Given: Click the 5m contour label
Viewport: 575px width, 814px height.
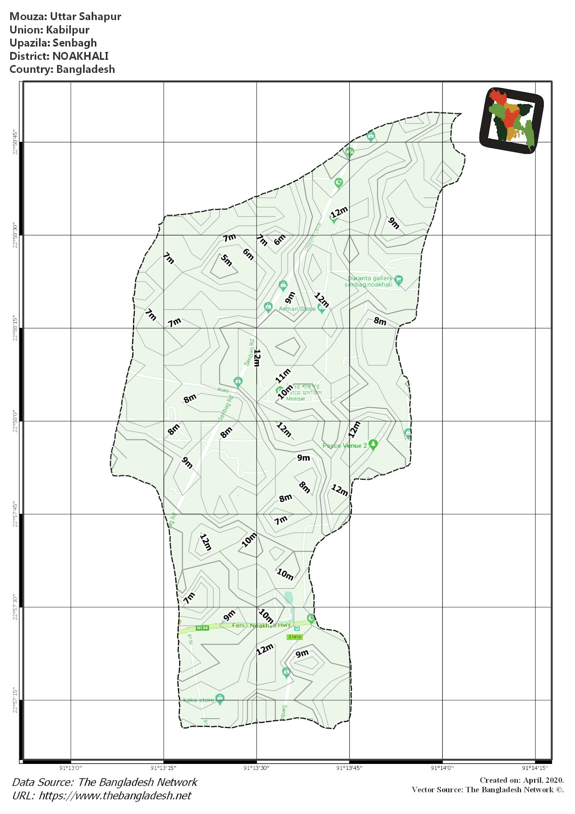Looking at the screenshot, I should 226,260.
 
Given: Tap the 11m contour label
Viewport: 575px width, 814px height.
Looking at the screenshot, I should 283,376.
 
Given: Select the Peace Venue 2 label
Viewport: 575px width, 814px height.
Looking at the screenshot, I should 345,446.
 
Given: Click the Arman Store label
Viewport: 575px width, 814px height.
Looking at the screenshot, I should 297,309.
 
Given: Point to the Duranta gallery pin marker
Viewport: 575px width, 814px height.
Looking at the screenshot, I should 399,280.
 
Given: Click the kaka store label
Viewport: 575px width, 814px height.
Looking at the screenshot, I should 199,700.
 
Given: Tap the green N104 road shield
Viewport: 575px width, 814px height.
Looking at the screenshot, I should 202,628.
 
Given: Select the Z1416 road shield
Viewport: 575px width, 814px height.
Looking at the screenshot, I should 295,637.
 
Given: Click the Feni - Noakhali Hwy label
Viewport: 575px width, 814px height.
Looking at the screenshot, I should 261,625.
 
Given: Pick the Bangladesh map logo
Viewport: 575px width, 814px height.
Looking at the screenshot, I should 511,120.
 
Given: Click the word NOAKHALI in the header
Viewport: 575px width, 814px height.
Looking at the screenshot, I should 80,56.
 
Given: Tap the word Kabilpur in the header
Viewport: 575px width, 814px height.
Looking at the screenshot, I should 68,30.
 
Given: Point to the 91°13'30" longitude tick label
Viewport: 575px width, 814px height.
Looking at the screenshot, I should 256,768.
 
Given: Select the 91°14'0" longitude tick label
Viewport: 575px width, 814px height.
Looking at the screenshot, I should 442,768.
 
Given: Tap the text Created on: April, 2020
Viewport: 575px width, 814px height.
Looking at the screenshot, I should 521,780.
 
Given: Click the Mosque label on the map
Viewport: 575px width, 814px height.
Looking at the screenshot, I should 295,399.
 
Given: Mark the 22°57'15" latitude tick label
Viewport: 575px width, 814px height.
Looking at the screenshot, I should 15,700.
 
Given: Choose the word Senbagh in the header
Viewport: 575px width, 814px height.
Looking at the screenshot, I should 75,43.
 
